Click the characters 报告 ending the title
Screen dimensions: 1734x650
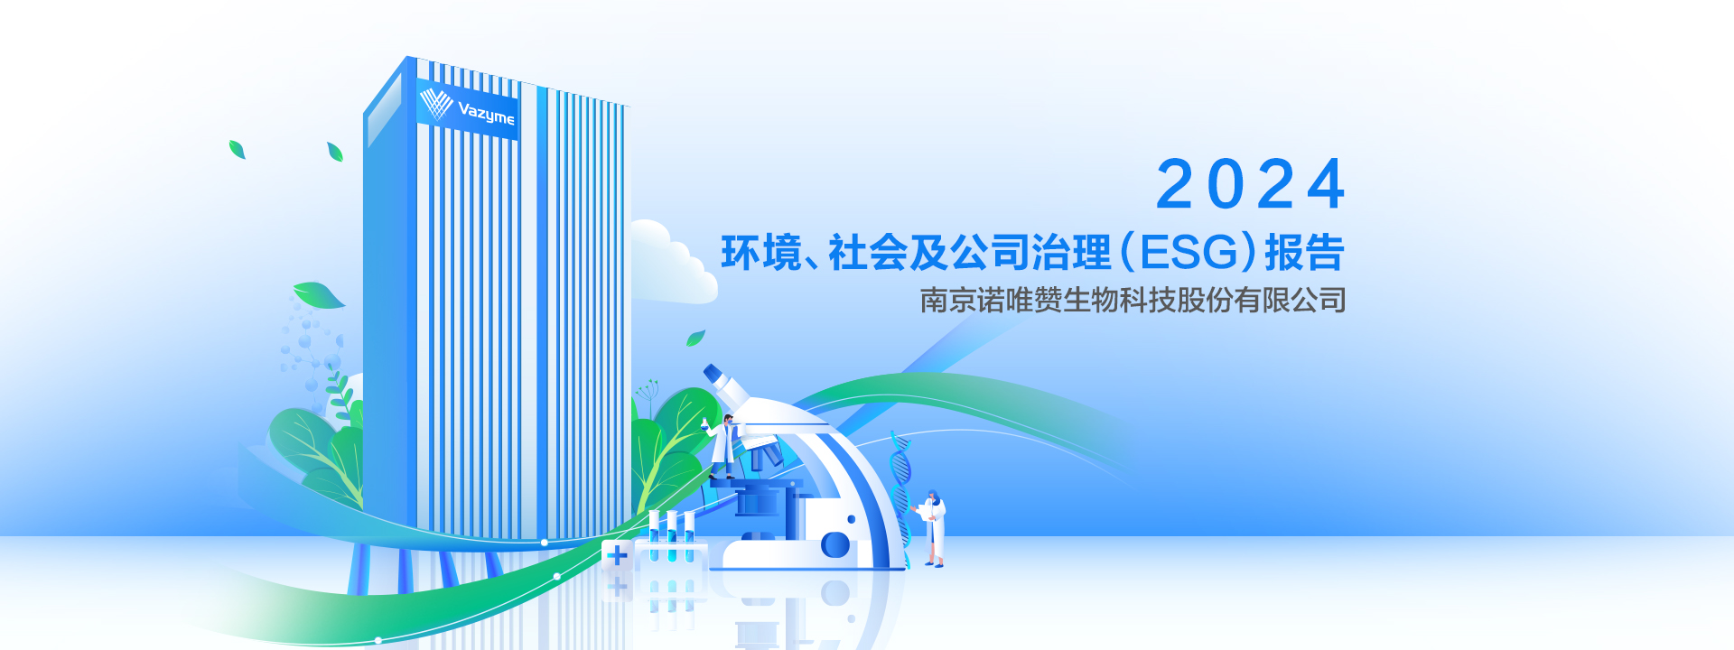pyautogui.click(x=1305, y=253)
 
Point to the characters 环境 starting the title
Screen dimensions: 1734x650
pyautogui.click(x=761, y=253)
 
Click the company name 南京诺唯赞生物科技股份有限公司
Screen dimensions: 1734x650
pyautogui.click(x=1133, y=300)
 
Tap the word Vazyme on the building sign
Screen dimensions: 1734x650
pyautogui.click(x=486, y=114)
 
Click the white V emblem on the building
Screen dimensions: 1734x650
pyautogui.click(x=436, y=104)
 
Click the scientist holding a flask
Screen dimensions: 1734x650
pyautogui.click(x=723, y=446)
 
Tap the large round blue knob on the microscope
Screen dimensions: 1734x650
pyautogui.click(x=834, y=545)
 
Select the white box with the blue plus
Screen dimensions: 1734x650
pyautogui.click(x=618, y=555)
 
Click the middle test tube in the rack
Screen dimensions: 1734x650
pyautogui.click(x=671, y=536)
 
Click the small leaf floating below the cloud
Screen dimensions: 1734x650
pyautogui.click(x=695, y=338)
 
